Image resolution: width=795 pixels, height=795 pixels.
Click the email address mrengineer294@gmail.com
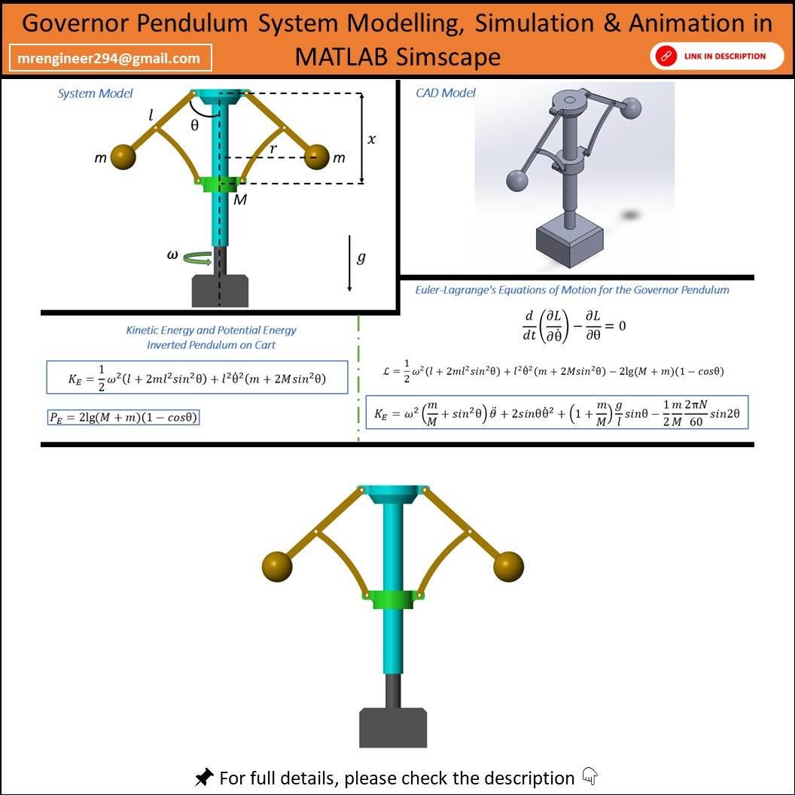point(109,58)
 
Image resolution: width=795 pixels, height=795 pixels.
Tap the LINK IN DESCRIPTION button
point(717,56)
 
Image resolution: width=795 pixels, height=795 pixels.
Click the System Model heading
point(95,93)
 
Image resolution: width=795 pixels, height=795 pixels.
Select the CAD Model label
point(445,93)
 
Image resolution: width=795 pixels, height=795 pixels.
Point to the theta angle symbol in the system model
point(195,125)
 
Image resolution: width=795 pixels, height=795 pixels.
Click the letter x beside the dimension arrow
point(372,139)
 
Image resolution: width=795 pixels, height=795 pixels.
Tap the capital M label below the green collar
point(240,200)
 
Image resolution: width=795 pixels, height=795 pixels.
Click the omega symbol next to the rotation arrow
point(172,254)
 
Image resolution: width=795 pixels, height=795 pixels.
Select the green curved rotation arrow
point(197,258)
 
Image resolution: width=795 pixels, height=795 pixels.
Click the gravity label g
point(361,257)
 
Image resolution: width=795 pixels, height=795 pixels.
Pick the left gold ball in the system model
point(123,156)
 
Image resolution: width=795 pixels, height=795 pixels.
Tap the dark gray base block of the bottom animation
point(393,727)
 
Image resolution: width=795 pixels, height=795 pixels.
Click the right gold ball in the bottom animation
point(508,566)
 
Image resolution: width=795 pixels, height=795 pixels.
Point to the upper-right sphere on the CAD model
point(631,108)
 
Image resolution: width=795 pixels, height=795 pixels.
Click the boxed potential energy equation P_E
point(123,417)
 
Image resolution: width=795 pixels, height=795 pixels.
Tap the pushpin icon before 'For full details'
point(204,777)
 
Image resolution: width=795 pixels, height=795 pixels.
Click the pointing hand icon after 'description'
point(589,775)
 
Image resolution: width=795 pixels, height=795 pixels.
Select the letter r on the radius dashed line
point(273,148)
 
